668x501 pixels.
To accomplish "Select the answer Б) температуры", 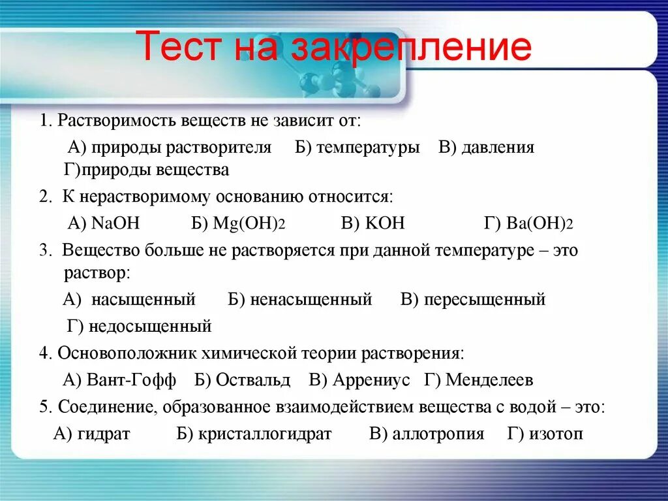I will [x=357, y=148].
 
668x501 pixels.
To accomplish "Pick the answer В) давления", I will [x=486, y=148].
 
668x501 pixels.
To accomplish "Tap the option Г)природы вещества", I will [x=147, y=170].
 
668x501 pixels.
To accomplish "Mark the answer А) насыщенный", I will [x=130, y=300].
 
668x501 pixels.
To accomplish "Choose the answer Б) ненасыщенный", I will [x=300, y=300].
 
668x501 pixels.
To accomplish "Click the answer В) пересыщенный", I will [x=473, y=300].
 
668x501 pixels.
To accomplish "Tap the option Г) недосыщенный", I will [x=140, y=325].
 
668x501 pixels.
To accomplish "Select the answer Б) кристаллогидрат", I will [x=254, y=434].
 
